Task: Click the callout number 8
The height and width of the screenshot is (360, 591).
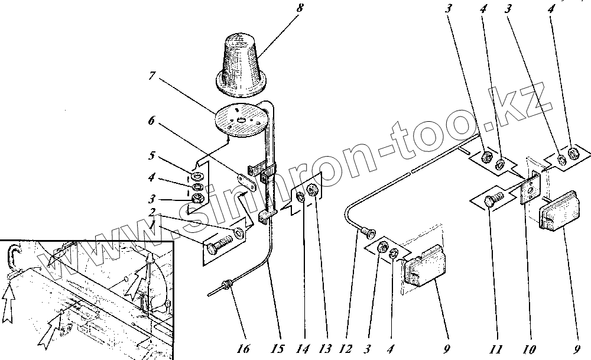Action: pyautogui.click(x=300, y=8)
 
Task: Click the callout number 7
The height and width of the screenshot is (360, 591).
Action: pyautogui.click(x=152, y=76)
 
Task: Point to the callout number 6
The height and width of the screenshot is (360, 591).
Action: pyautogui.click(x=151, y=121)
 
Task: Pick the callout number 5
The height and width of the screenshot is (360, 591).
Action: pyautogui.click(x=151, y=155)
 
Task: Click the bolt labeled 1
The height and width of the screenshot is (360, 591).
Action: pyautogui.click(x=220, y=244)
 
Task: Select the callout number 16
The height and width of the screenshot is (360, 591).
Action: pyautogui.click(x=243, y=349)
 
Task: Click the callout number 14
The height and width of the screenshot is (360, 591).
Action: pyautogui.click(x=302, y=349)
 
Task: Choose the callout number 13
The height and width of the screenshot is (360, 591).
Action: pyautogui.click(x=324, y=349)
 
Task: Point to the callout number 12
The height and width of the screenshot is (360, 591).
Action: pyautogui.click(x=346, y=349)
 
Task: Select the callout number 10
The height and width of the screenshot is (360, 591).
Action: pyautogui.click(x=530, y=349)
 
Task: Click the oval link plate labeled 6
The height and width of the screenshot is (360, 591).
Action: pyautogui.click(x=246, y=180)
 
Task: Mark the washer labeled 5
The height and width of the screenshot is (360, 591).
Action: pyautogui.click(x=197, y=176)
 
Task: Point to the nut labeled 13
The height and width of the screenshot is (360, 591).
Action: pyautogui.click(x=313, y=190)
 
